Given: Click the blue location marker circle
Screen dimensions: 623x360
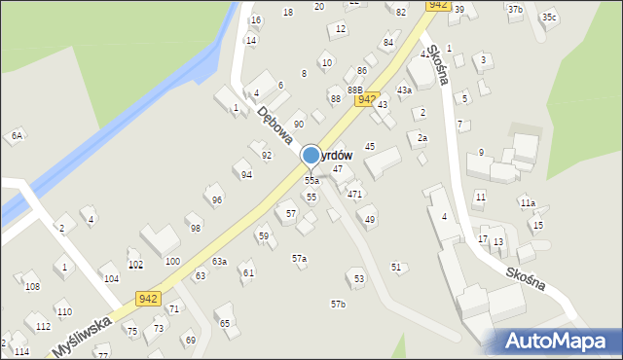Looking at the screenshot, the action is coord(311,155).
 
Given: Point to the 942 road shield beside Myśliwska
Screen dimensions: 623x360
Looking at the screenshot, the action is coord(148,299).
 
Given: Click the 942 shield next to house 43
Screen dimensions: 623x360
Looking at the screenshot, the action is coord(366,99).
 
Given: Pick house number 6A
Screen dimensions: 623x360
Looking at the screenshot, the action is coord(17,136).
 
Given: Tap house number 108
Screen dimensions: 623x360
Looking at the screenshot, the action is coord(32,287).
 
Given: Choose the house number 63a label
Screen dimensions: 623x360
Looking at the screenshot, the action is coord(219,262).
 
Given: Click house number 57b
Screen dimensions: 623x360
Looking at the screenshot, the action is coord(338,305).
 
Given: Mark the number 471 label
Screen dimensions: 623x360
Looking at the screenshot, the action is coord(355,195).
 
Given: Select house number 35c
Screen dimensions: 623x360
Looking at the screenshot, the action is coord(550,18).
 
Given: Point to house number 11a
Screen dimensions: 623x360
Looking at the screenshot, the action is coord(528,203).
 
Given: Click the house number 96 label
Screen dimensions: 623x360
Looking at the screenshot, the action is coord(217,200).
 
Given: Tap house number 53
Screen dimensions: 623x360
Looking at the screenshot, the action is coord(359,279).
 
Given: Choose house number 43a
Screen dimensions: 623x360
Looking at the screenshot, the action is coord(404,90).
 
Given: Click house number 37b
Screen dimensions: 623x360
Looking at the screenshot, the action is coord(515,10).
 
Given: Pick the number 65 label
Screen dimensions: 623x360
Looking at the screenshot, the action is coord(225,323).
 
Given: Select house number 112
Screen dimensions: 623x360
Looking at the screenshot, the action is coord(43,326).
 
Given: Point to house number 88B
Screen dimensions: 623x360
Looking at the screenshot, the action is coord(355,90).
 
